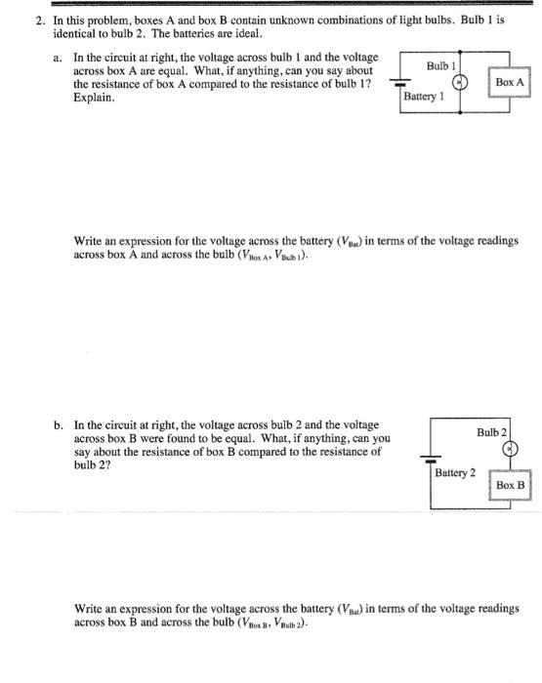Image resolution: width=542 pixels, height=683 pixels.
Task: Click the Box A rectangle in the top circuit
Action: [510, 83]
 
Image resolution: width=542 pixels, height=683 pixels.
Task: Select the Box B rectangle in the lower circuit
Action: [510, 485]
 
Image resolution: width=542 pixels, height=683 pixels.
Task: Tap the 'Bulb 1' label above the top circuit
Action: [441, 65]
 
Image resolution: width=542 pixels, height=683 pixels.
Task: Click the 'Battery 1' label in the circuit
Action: [423, 98]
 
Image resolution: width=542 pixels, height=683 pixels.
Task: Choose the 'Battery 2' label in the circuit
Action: [455, 472]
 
